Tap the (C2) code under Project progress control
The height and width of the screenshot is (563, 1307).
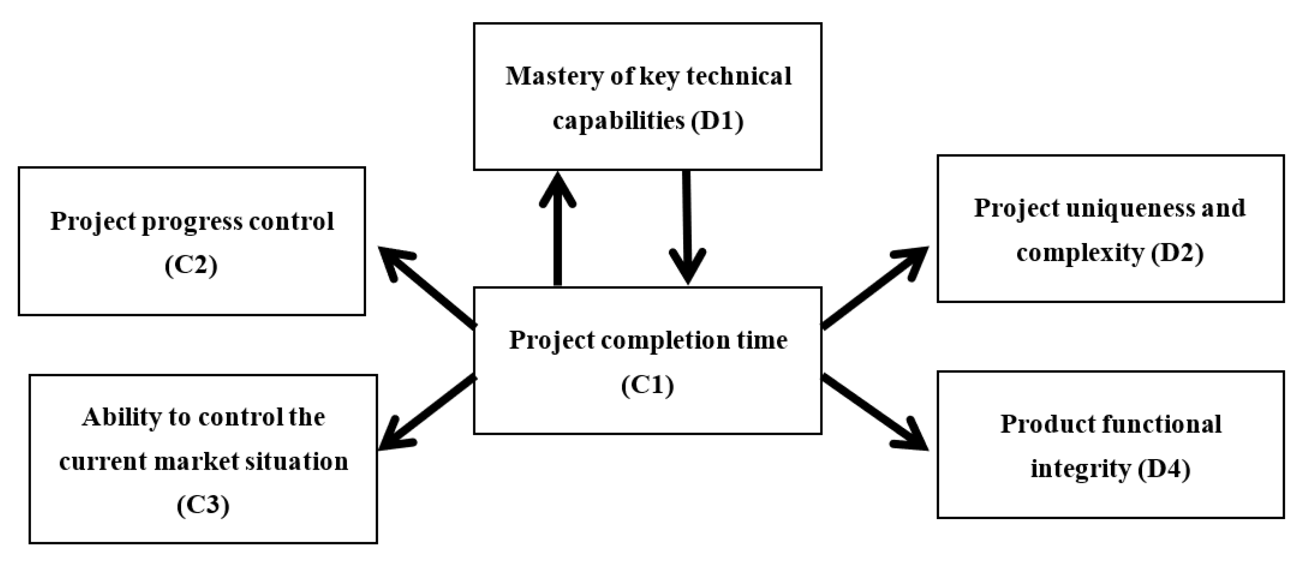point(191,265)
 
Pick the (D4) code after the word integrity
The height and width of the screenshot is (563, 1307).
point(1164,469)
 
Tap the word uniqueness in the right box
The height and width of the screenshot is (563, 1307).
point(1122,208)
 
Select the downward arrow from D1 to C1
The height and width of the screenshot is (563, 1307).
point(687,228)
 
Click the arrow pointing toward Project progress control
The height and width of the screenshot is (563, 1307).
point(426,286)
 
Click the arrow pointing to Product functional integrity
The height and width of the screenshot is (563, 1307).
point(875,412)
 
